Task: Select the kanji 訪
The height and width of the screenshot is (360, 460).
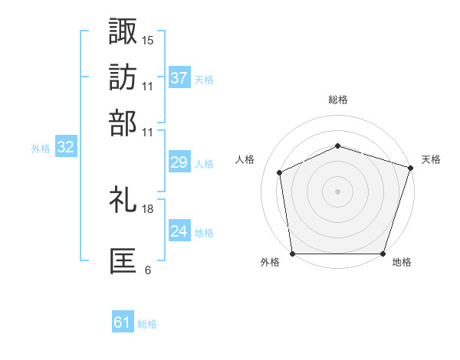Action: point(123,77)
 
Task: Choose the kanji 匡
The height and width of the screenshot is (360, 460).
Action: point(123,261)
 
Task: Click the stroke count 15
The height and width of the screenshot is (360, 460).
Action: point(148,40)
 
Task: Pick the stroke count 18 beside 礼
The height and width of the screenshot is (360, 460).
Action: point(148,208)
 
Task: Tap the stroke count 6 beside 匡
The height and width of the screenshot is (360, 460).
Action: point(148,270)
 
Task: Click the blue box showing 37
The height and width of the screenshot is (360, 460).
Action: point(179,78)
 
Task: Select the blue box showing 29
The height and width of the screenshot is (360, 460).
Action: point(179,162)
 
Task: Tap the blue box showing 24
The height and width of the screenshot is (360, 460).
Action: point(179,231)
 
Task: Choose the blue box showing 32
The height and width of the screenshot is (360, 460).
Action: point(65,148)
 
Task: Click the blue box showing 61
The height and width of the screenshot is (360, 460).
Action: point(123,323)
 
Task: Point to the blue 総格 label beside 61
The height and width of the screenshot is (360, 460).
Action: point(147,324)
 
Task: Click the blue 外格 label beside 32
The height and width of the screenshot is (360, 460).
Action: point(41,149)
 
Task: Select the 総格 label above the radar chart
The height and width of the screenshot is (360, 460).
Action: point(337,100)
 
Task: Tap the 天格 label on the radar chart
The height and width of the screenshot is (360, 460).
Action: point(432,159)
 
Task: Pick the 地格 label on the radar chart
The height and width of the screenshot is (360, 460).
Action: point(402,263)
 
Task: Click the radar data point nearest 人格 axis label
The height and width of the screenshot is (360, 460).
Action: point(280,172)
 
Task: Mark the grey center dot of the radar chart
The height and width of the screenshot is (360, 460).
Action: point(337,191)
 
